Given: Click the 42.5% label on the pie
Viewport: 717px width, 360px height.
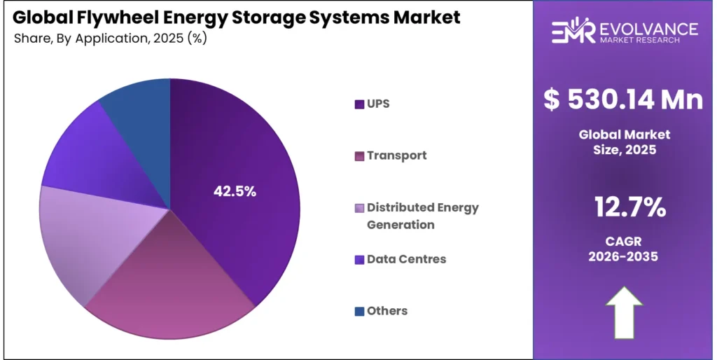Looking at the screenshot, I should pos(235,191).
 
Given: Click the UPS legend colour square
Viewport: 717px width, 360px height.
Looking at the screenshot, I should pos(359,104).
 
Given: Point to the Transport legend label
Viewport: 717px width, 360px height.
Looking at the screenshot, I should pos(396,155).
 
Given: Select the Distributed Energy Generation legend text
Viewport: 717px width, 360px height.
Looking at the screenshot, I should pos(422,216).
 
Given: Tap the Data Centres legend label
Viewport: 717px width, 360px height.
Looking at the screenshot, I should pos(406,259).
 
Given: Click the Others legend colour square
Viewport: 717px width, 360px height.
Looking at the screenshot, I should pos(359,311).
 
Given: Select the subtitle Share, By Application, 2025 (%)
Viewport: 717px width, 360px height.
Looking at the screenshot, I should pos(110,38).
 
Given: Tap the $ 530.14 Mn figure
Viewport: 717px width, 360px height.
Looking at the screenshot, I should pos(623,99).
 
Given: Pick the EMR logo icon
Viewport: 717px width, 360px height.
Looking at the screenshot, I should pos(572,32).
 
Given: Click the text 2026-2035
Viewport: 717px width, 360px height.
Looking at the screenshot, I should pos(623,257).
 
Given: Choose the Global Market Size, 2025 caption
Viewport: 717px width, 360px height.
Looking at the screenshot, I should pos(623,141).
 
